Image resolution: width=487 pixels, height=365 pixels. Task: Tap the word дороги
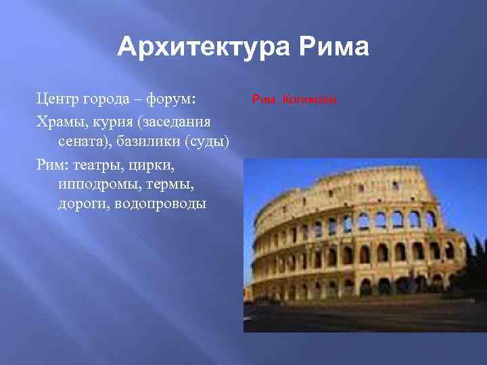pyautogui.click(x=80, y=203)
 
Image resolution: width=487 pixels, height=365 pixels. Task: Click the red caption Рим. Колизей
pyautogui.click(x=294, y=100)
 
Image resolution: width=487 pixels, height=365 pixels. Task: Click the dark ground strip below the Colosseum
pyautogui.click(x=365, y=318)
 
